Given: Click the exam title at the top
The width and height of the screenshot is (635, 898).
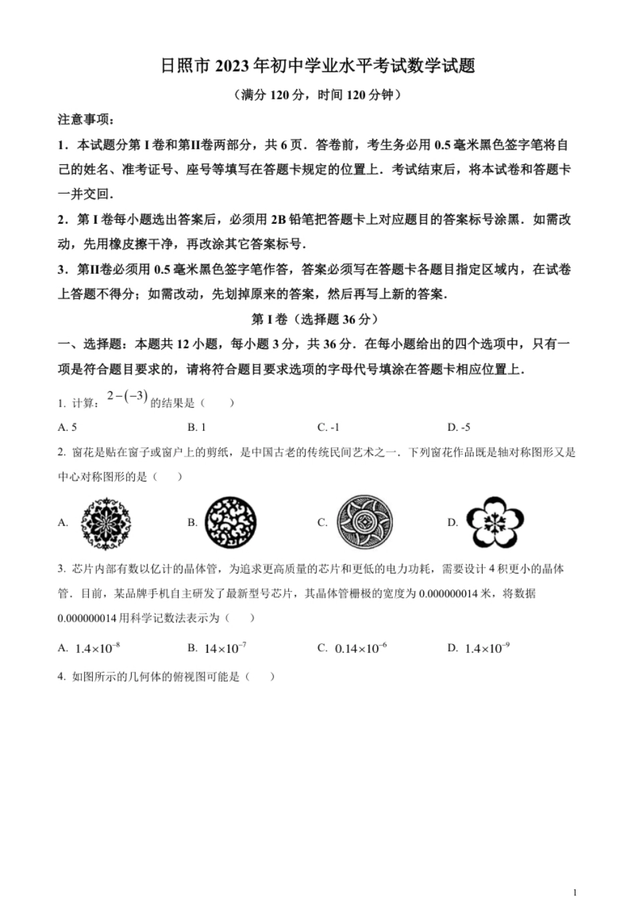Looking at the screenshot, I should click(317, 65).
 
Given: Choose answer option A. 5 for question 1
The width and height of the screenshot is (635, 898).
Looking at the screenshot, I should click(68, 427).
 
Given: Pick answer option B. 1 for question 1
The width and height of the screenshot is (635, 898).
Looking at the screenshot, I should click(197, 427).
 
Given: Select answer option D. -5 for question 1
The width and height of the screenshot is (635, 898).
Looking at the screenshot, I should click(459, 427).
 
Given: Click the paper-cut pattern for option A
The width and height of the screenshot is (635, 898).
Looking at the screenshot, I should click(106, 523).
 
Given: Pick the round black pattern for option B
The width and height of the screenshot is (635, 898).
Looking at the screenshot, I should click(231, 523).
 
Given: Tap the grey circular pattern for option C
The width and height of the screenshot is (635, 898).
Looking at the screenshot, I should click(364, 522).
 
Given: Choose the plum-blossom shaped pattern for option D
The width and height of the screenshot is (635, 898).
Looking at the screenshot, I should click(495, 522).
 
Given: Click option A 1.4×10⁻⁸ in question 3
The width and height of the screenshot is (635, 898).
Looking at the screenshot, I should click(90, 648).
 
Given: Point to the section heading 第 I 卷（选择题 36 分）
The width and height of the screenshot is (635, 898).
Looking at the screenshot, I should click(317, 319).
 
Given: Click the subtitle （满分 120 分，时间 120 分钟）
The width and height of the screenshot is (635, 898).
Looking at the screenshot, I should click(317, 95).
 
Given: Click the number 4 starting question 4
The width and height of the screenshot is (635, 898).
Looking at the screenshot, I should click(61, 676).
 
